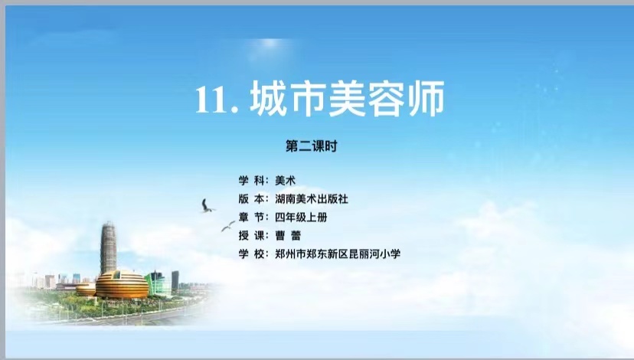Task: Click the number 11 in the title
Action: coord(212,100)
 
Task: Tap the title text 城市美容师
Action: coord(348,99)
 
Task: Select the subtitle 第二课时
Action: coord(312,146)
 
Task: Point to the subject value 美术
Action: coord(285,181)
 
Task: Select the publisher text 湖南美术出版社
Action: coord(312,199)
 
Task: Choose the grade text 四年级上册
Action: coord(301,218)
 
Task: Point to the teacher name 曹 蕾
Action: coord(288,235)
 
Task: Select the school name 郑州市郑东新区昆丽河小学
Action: coord(338,254)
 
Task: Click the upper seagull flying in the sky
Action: coord(207,206)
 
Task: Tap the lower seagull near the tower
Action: coord(228,226)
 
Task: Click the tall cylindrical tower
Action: coord(108,247)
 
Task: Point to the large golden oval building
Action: coord(122,284)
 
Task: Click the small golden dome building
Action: coord(86,290)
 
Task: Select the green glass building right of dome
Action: coord(158,283)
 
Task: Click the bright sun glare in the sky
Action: coord(270,47)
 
